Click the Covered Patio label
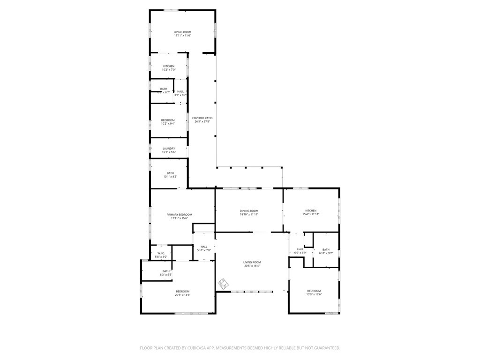[x=202, y=118]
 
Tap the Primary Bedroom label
[x=180, y=214]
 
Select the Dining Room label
[x=249, y=211]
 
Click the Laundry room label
[x=169, y=149]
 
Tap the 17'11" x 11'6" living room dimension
[x=182, y=36]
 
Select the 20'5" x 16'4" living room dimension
[x=252, y=266]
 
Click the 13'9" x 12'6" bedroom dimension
[x=314, y=294]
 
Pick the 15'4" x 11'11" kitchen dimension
[x=311, y=214]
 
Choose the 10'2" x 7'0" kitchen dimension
[x=169, y=70]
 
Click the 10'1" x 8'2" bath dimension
[x=170, y=177]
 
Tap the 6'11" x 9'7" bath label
[x=326, y=249]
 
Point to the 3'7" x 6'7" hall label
[x=180, y=91]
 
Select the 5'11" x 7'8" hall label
[x=204, y=247]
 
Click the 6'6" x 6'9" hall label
[x=300, y=249]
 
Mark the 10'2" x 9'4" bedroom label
[x=169, y=120]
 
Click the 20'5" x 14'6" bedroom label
[x=182, y=291]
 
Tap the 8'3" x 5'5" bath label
[x=166, y=271]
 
